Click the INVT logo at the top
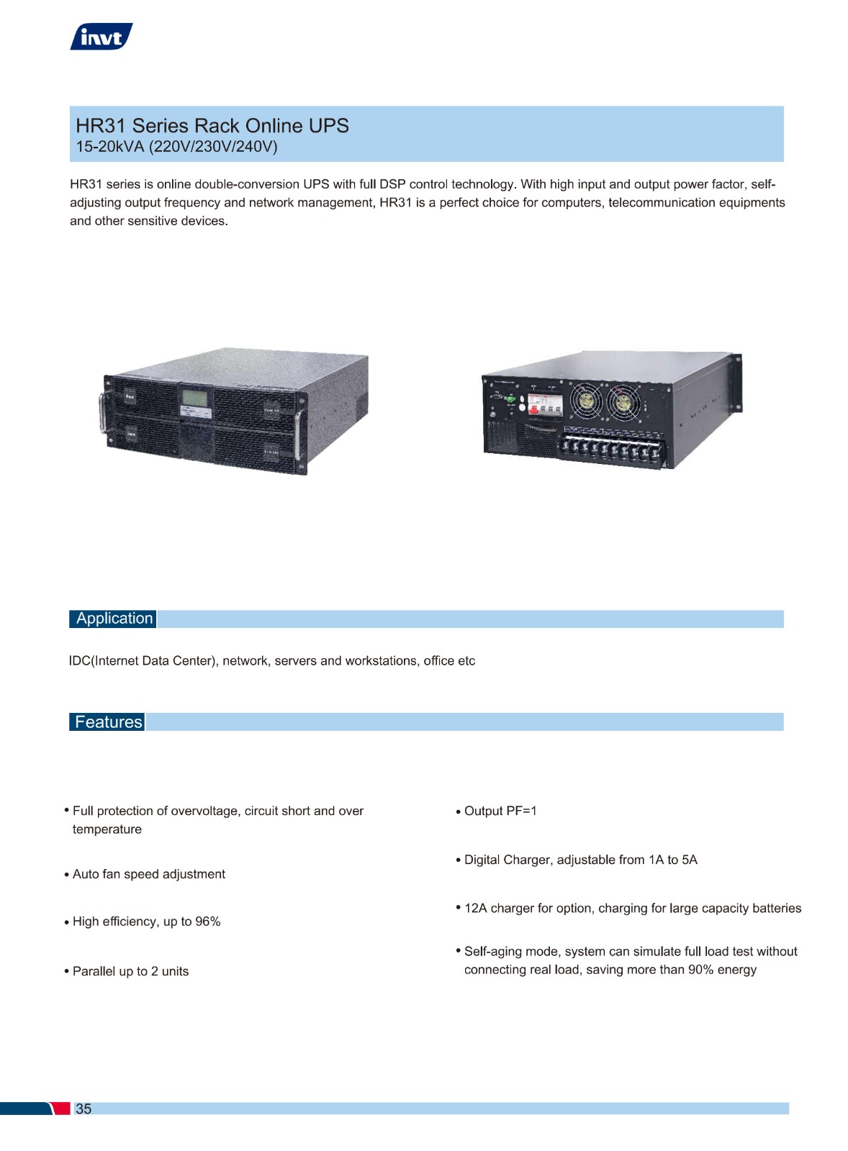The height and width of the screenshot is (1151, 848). point(102,37)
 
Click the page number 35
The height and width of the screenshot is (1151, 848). point(84,1109)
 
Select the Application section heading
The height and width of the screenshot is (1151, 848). point(114,619)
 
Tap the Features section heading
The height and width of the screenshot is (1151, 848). point(107,722)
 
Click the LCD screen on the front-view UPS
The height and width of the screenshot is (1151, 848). point(195,398)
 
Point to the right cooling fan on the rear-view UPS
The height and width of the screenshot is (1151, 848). point(623,402)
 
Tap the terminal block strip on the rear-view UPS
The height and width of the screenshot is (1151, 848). point(612,449)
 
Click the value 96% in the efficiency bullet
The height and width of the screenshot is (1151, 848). point(208,922)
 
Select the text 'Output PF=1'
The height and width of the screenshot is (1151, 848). point(500,811)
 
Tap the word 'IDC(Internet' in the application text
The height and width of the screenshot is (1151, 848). point(104,661)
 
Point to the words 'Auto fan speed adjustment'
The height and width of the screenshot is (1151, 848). point(149,874)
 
